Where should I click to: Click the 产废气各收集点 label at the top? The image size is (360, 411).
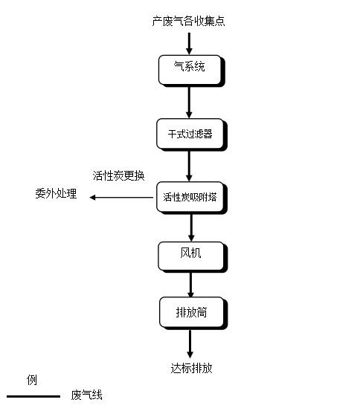189,22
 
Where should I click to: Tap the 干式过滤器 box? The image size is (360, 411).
190,134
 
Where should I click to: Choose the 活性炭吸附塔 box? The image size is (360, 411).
190,198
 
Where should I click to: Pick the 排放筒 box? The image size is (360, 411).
191,312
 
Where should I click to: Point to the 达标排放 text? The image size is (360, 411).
191,368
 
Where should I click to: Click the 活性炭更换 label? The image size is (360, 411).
119,176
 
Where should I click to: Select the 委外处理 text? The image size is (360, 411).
56,195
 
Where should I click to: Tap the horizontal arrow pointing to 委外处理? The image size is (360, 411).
123,198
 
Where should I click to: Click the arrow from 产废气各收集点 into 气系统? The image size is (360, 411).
190,42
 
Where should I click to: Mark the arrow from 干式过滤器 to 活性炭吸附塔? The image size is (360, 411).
190,165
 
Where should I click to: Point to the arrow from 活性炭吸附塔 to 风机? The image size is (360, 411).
190,227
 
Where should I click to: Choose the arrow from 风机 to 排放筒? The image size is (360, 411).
190,284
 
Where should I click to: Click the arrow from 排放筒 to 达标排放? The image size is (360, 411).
190,343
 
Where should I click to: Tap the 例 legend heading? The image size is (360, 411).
31,380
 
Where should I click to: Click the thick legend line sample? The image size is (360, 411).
33,396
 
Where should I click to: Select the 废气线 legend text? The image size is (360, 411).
87,395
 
